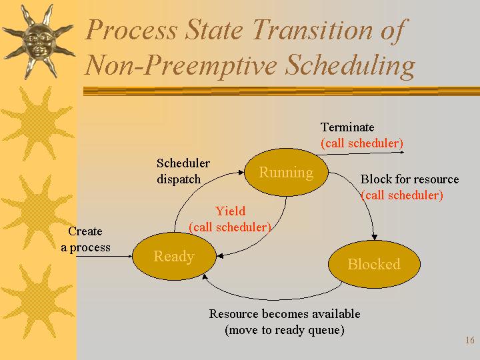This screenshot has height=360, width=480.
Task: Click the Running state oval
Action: (x=286, y=173)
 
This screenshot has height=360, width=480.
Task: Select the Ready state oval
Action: (x=174, y=256)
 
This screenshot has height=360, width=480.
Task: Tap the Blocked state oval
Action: (x=374, y=264)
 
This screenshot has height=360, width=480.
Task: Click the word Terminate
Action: (x=347, y=127)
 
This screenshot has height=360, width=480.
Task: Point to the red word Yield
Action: (x=230, y=211)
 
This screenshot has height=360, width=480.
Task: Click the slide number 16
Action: (x=470, y=340)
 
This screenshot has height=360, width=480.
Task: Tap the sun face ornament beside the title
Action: (x=37, y=41)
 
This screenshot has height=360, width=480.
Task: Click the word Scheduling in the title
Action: (x=350, y=66)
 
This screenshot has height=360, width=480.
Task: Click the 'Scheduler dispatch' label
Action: (x=183, y=171)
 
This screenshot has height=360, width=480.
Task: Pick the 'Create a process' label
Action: (x=85, y=239)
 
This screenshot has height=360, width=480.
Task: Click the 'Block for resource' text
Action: (x=409, y=179)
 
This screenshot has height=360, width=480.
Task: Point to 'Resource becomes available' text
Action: (x=285, y=314)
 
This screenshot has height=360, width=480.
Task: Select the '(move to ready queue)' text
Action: (x=285, y=330)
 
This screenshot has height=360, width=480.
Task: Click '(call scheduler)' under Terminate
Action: (x=362, y=143)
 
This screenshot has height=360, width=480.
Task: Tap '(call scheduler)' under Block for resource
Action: (x=402, y=195)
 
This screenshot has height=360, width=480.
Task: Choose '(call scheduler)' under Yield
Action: (x=230, y=227)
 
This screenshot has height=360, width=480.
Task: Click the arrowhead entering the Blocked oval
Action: (x=374, y=237)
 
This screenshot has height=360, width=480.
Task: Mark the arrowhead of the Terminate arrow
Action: (x=401, y=152)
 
